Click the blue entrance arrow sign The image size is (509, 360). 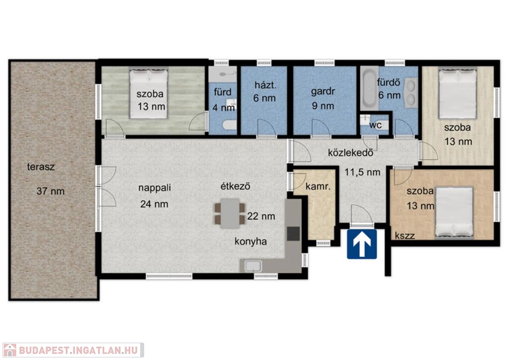(362, 244)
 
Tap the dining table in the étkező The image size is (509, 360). (230, 213)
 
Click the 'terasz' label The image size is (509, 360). (41, 167)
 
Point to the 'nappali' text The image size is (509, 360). (155, 188)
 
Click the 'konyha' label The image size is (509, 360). (251, 242)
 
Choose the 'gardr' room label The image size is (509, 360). (323, 92)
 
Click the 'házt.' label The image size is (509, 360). (265, 86)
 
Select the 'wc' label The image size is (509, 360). (376, 125)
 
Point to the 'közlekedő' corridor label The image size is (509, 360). (350, 153)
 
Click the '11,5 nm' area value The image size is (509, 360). (362, 172)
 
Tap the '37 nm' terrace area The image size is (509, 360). (50, 191)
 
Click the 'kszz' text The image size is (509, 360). (405, 236)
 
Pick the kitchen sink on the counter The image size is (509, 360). (253, 266)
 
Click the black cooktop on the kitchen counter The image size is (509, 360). (293, 234)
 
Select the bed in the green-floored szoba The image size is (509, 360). (149, 93)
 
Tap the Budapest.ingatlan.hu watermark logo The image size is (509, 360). (73, 350)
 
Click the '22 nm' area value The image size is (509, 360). (261, 216)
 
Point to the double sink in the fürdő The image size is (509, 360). (411, 92)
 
